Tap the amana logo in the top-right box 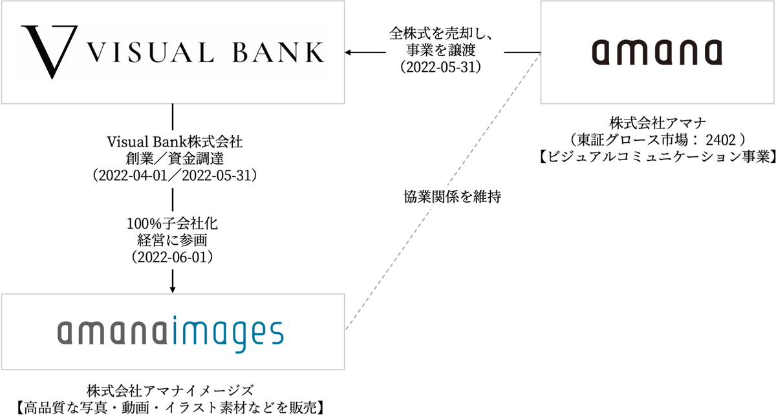pos(658,52)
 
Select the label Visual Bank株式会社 pos(173,140)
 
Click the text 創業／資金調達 pos(173,157)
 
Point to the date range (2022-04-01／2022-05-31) pos(173,174)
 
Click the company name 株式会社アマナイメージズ pos(172,390)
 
